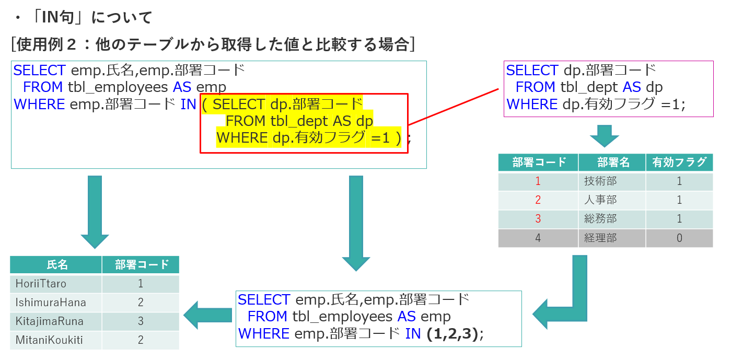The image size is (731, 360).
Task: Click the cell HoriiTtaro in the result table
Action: [41, 284]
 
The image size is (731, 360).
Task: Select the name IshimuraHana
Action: [51, 303]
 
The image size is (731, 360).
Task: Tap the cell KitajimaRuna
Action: [50, 321]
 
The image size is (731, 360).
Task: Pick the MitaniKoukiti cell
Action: [49, 340]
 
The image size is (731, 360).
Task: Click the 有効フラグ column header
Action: [679, 162]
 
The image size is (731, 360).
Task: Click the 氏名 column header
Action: [56, 265]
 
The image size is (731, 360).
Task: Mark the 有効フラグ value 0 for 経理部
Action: [679, 238]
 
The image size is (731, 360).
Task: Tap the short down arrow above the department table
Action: [604, 136]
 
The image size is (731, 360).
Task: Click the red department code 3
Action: [538, 219]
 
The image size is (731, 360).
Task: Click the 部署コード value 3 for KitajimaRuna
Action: [141, 321]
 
